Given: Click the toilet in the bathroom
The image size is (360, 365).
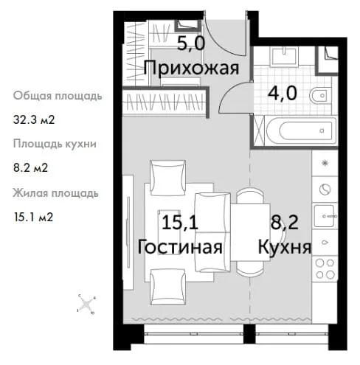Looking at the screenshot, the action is pos(320,95).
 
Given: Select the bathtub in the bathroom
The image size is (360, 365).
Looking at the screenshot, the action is pos(300,131).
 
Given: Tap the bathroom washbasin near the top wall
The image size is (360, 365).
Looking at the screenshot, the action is pos(284,57).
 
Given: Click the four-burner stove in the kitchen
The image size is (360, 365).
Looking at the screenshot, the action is pos(325,269).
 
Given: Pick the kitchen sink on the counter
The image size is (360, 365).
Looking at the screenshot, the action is pos(325,215).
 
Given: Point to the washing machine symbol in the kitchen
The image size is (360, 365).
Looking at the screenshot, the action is pos(325,190).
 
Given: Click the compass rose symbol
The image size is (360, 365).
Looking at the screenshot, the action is pos(86,305).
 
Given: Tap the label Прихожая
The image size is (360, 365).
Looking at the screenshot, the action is pos(191,68).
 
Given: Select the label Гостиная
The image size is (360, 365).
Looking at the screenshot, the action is pos(180,247).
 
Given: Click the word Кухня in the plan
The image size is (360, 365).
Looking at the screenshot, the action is pos(285,247).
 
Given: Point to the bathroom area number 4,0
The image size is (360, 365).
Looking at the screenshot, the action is pos(283,93).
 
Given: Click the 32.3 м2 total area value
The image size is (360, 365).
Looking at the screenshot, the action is pos(34,120).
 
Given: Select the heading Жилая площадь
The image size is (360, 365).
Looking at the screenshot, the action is pos(55,193).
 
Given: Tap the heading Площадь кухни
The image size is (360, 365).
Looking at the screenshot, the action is pos(55,144).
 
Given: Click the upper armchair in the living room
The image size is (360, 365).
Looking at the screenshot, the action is pos(168,178).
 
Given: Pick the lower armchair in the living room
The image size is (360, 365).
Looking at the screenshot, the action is pos(168,286).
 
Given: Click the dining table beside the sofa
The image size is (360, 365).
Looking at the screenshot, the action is pos(250,232).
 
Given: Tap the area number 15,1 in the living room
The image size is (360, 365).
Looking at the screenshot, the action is pos(180,222).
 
